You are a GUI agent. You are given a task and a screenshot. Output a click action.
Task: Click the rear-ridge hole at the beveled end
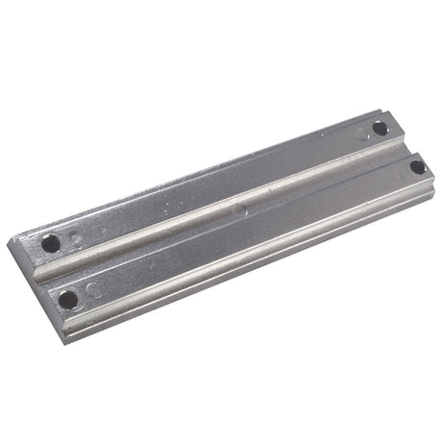(x=50, y=244)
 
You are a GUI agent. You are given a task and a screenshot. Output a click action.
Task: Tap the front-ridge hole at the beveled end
(x=68, y=299)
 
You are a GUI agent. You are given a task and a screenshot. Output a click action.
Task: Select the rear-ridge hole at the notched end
(x=381, y=128)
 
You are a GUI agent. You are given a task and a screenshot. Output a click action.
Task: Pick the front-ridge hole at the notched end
(x=417, y=166)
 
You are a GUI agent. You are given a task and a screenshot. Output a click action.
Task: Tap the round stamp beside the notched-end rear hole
(x=363, y=135)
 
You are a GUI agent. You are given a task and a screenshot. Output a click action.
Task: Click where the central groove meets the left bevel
(x=40, y=274)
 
